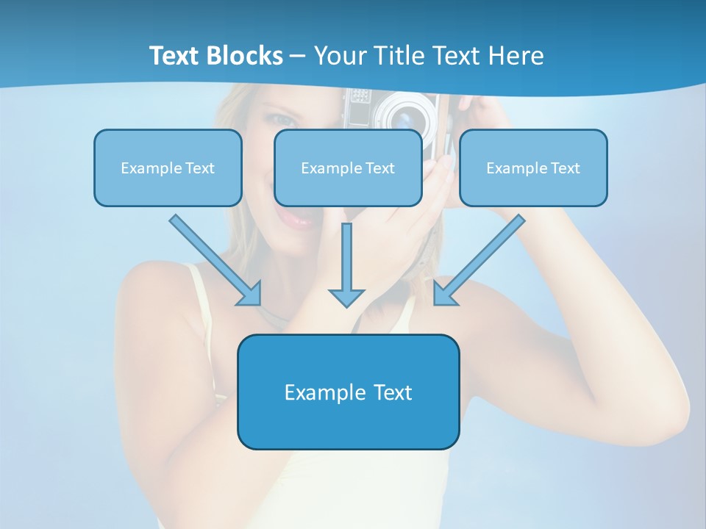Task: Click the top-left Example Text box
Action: (168, 168)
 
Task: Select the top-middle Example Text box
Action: (348, 168)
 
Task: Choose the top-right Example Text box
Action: (533, 168)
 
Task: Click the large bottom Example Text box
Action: (348, 392)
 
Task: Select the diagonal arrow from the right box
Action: (479, 260)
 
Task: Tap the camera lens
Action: (404, 116)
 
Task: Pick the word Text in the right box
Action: (564, 168)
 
